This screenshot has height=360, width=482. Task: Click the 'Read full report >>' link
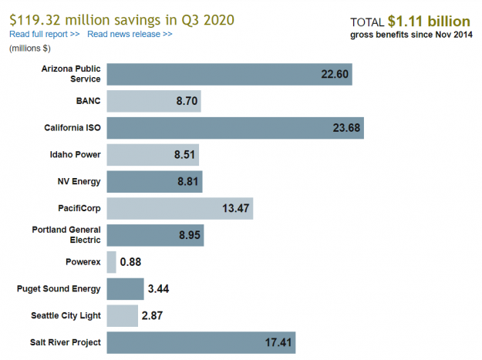(x=44, y=35)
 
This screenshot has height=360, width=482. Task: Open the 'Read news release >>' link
(x=130, y=35)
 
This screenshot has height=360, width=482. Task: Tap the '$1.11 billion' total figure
(x=430, y=21)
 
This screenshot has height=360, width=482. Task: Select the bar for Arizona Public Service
(x=229, y=74)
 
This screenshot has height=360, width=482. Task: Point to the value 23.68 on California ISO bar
(x=346, y=128)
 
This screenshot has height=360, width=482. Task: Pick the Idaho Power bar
(x=153, y=155)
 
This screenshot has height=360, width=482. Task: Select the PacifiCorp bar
(x=180, y=208)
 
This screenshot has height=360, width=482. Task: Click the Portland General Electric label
(x=66, y=235)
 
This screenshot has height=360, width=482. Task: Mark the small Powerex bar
(x=111, y=262)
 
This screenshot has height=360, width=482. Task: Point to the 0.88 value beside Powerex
(x=130, y=262)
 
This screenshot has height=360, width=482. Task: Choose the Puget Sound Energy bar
(x=125, y=289)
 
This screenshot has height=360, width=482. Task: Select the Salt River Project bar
(x=201, y=342)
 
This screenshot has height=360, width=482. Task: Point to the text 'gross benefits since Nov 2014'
(x=411, y=35)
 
